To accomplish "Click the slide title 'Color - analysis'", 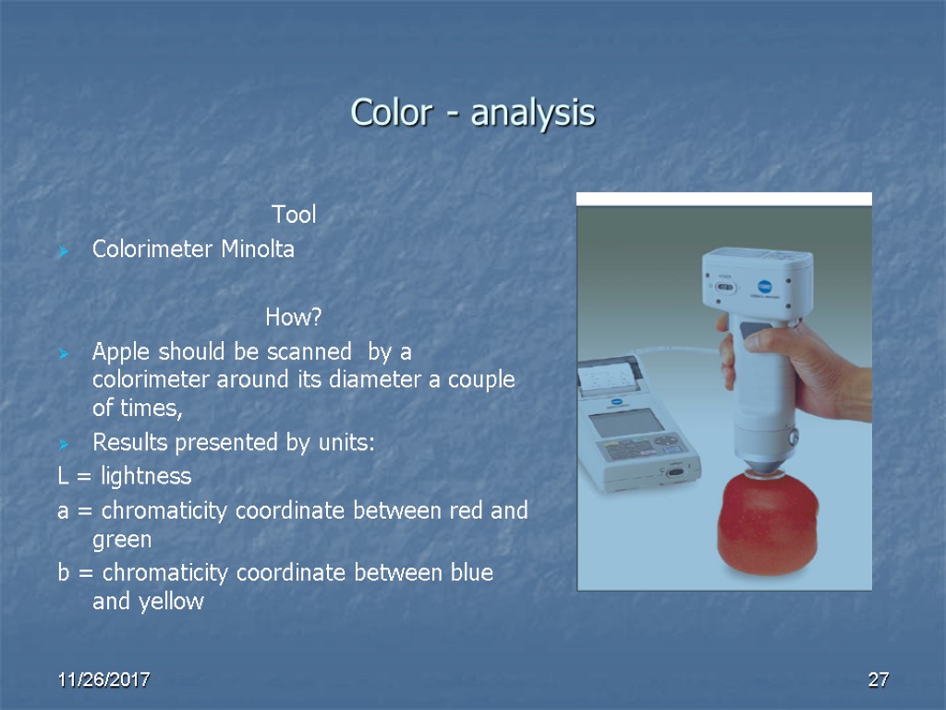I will [473, 114].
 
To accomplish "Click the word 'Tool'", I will [294, 215].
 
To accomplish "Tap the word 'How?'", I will [293, 319].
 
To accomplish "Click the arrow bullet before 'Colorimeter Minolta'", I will [63, 251].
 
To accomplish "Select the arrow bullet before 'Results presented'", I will [63, 445].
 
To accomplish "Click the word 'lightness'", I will [146, 477].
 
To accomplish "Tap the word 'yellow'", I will [172, 602].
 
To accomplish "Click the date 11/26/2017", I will [103, 680].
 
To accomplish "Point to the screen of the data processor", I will [626, 422].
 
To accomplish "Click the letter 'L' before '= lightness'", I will [63, 477].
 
